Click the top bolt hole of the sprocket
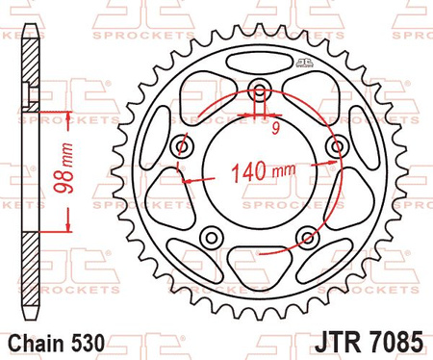pos(260,93)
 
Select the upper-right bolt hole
pos(336,145)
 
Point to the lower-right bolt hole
pos(306,236)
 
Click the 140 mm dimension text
pos(262,174)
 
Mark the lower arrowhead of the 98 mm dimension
pos(68,227)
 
